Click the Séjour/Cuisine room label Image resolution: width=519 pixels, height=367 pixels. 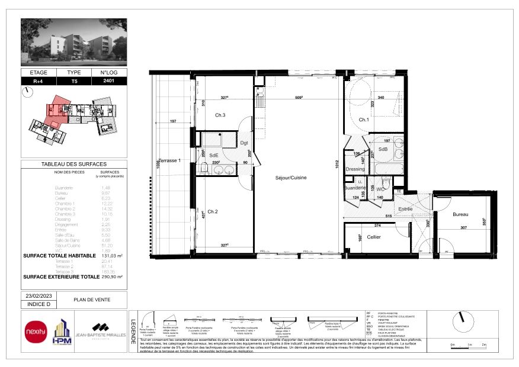point(290,177)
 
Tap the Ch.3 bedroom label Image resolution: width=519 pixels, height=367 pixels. point(220,115)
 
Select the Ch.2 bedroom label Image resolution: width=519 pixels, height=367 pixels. point(213,211)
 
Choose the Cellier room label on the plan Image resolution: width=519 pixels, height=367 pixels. point(374,237)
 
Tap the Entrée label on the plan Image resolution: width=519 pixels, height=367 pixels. point(405,209)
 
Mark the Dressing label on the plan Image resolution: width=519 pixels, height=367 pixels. point(355,169)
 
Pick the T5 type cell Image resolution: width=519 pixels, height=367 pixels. point(74,81)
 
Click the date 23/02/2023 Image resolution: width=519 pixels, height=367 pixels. point(38,295)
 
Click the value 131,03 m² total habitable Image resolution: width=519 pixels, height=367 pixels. point(111,256)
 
